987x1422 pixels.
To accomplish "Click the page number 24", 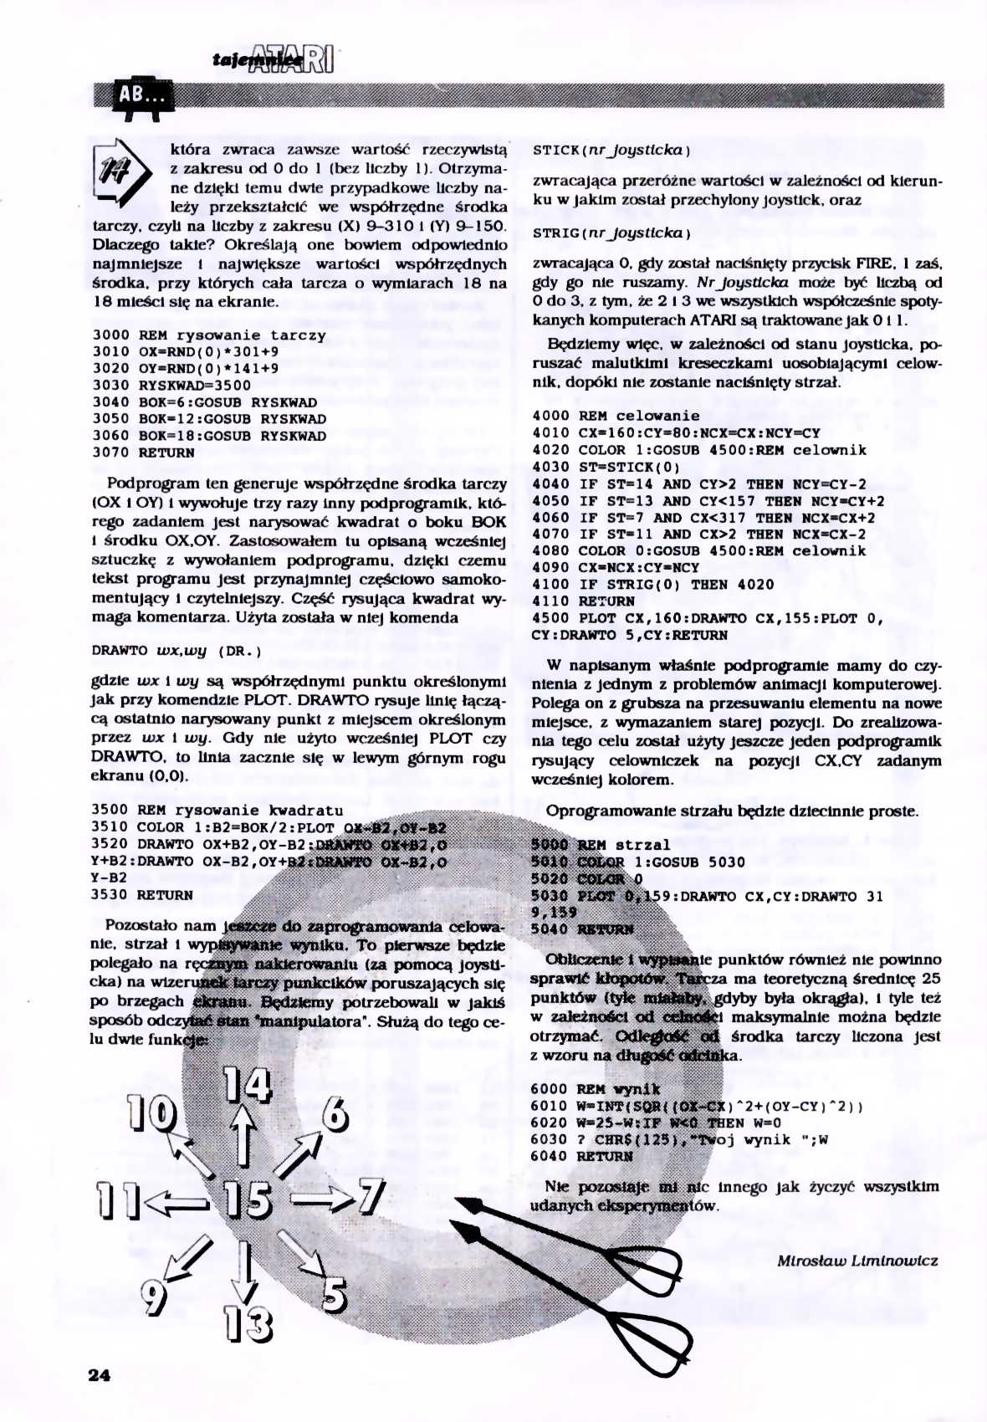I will tap(99, 1374).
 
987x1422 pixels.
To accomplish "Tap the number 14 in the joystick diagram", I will tap(248, 1085).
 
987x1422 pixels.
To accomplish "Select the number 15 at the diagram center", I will tap(248, 1200).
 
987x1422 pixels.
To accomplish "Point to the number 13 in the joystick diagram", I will tap(248, 1324).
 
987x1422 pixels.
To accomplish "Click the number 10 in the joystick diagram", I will tap(151, 1113).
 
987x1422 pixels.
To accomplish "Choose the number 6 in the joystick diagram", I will tap(334, 1114).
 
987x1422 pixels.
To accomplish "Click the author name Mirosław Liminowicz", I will tap(857, 1261).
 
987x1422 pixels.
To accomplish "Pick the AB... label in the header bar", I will tap(141, 96).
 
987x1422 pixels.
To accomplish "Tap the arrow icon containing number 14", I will tap(120, 172).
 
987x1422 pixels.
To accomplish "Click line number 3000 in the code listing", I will tap(110, 335).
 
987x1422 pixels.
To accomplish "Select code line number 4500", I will tap(550, 618).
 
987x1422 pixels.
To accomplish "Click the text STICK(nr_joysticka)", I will tap(611, 151).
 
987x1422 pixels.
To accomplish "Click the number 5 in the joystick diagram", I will tap(334, 1296).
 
